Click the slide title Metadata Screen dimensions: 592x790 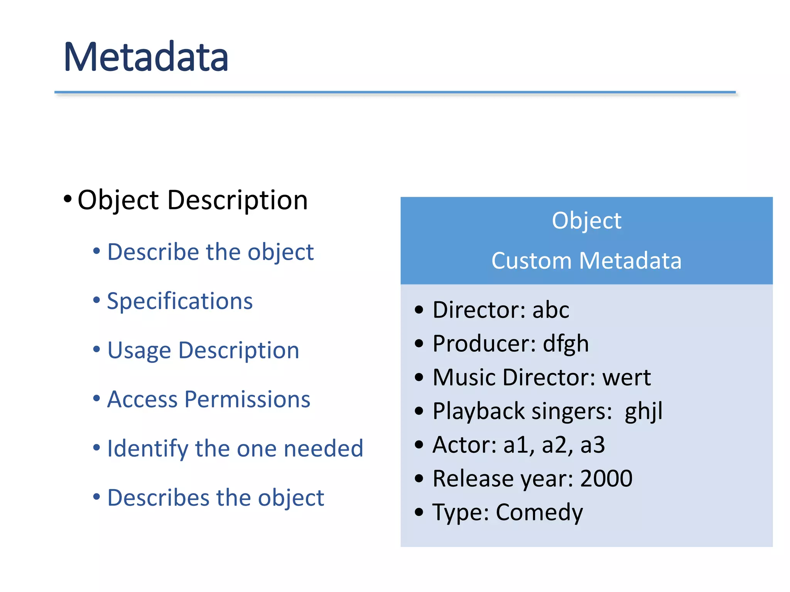click(146, 57)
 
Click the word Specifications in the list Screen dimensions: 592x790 click(180, 301)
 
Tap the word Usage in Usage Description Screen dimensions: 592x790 click(139, 350)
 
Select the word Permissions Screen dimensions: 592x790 click(247, 399)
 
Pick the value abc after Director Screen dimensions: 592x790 click(550, 310)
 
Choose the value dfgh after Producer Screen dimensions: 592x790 click(565, 344)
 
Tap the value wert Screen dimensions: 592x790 click(626, 377)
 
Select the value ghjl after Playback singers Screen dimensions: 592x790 click(643, 411)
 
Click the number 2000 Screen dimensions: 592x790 click(606, 479)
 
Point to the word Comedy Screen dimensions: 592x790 click(539, 513)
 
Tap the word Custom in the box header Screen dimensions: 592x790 click(531, 261)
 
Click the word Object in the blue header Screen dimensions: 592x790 click(586, 220)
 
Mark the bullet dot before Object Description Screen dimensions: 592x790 click(68, 199)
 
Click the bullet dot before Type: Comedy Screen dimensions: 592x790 click(419, 513)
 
